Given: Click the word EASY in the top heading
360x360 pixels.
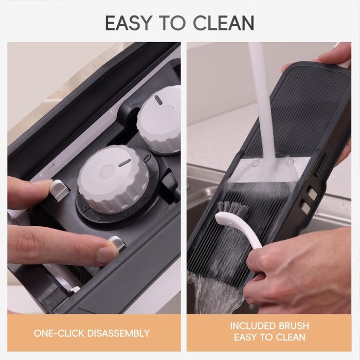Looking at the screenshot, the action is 129,23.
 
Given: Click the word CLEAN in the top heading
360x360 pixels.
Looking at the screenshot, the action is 224,23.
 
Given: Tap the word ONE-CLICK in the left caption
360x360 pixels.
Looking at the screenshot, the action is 59,333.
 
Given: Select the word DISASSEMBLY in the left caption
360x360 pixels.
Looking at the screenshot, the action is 118,333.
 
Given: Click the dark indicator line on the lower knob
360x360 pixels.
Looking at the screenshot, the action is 124,163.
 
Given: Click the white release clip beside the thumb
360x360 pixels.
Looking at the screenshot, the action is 117,244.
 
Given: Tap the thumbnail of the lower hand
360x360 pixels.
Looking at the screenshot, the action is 107,254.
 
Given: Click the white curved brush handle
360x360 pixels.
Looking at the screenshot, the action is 240,228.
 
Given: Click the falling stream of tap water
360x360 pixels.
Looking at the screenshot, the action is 262,103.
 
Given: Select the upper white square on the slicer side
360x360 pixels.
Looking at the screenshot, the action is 312,193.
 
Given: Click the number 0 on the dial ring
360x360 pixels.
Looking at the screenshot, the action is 147,158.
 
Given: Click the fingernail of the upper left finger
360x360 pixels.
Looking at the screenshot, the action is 43,182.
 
